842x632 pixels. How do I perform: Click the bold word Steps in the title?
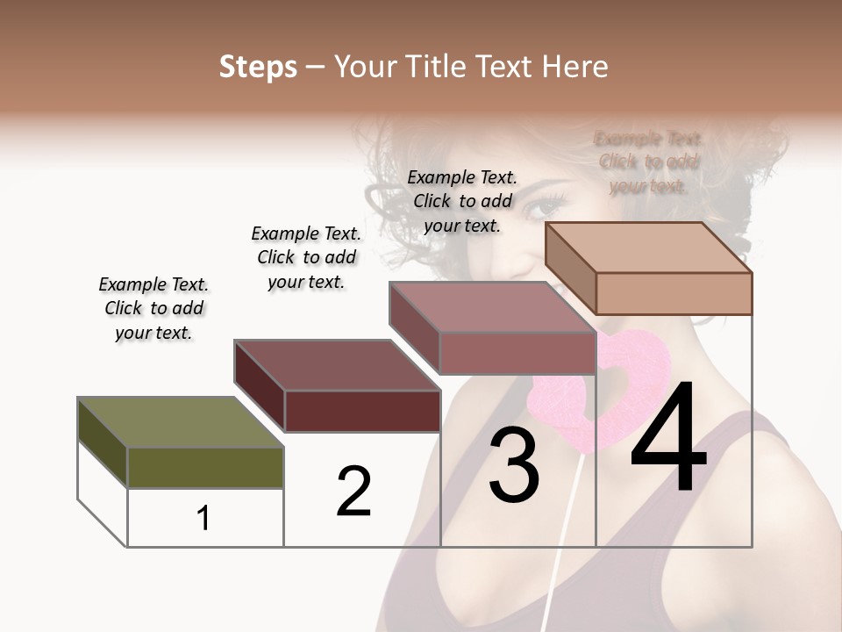258,66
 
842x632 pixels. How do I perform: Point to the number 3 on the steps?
514,465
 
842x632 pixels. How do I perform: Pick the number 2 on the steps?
353,492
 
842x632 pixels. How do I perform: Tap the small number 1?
203,518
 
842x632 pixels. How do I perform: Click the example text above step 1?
153,308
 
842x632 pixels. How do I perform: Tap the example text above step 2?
306,257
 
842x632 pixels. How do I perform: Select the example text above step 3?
462,201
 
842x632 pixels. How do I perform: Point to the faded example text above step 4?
648,162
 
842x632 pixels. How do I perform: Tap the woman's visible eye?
546,208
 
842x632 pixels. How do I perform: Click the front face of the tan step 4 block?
674,293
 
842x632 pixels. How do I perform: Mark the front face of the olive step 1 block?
205,467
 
